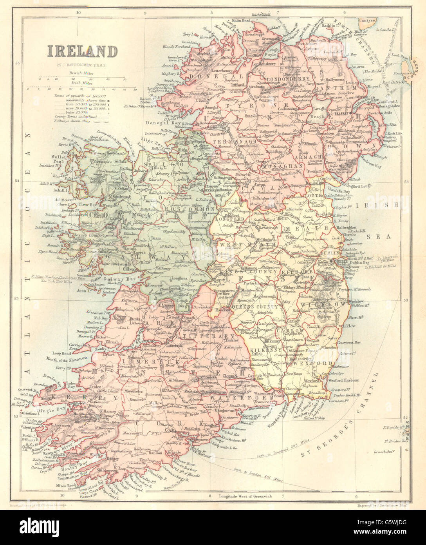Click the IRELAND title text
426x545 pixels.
[x=83, y=52]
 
